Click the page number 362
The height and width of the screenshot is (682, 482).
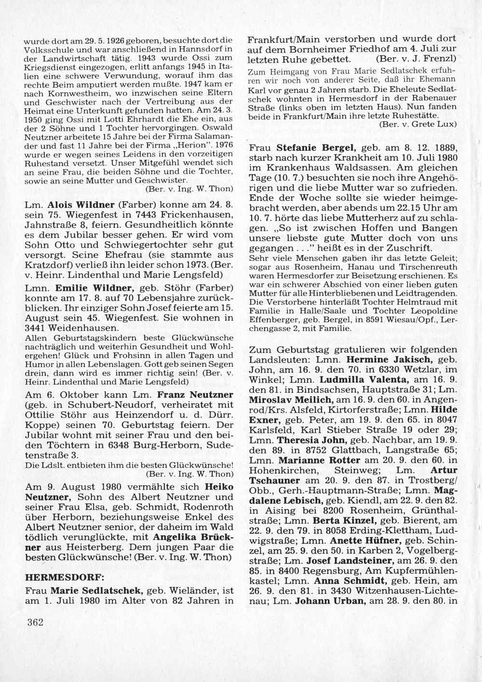[36, 622]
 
